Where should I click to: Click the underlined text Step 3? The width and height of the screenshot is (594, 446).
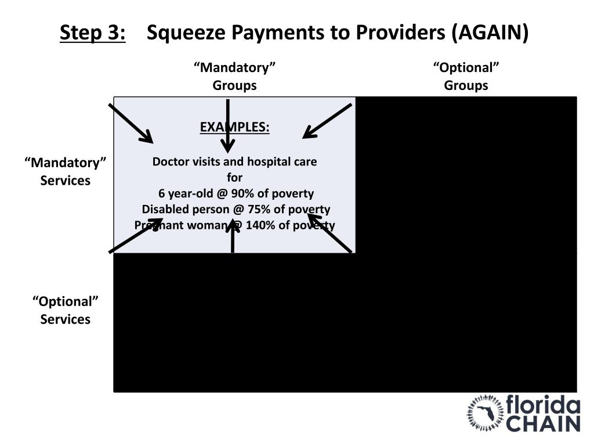coord(93,33)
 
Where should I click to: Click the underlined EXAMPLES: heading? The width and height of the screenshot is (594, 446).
coord(234,127)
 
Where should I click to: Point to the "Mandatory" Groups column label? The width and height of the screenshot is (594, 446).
coord(234,77)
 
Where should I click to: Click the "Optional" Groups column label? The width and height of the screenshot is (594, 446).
coord(466,77)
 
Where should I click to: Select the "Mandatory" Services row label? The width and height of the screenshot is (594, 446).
coord(66,171)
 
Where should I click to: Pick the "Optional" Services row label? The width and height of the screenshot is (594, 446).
coord(66,310)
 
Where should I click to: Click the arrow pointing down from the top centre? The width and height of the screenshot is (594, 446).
coord(229,125)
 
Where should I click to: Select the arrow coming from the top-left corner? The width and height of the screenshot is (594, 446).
coord(131,123)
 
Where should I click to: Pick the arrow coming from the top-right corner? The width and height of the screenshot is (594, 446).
coord(327,121)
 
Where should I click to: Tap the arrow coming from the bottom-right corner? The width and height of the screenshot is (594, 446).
coord(330,233)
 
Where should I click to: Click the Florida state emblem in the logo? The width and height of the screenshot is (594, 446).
coord(486,413)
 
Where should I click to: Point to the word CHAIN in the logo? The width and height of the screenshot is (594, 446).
coord(544,423)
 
